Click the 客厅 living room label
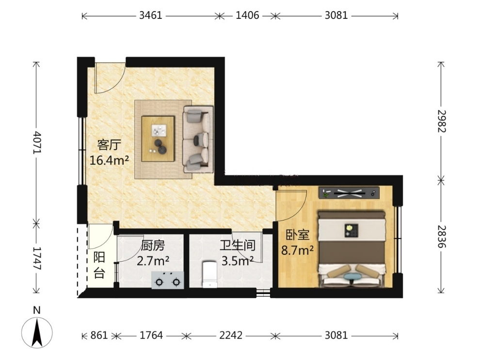pyautogui.click(x=109, y=145)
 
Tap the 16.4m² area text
pyautogui.click(x=109, y=160)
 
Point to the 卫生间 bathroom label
pyautogui.click(x=238, y=245)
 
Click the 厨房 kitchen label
pyautogui.click(x=153, y=245)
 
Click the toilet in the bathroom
pyautogui.click(x=209, y=274)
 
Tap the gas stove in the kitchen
pyautogui.click(x=168, y=280)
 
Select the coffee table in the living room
pyautogui.click(x=158, y=139)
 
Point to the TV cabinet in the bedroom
pyautogui.click(x=349, y=193)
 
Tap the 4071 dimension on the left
pyautogui.click(x=37, y=143)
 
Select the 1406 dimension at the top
pyautogui.click(x=247, y=16)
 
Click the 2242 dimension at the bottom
pyautogui.click(x=231, y=335)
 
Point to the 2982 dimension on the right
pyautogui.click(x=441, y=121)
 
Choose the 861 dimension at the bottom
pyautogui.click(x=99, y=335)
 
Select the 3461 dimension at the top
pyautogui.click(x=151, y=16)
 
